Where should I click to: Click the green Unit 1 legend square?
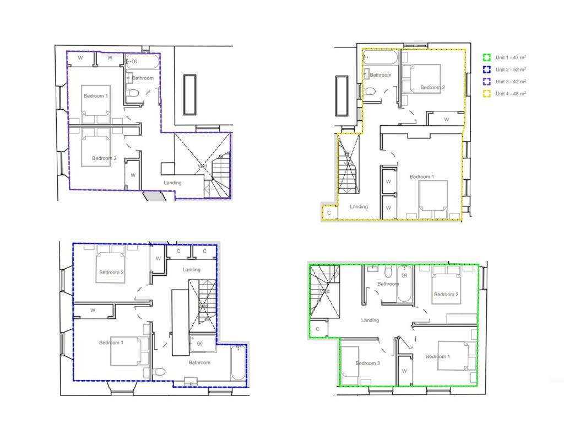pos(486,57)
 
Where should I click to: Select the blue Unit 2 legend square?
pos(486,70)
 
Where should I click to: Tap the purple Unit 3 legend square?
pos(486,82)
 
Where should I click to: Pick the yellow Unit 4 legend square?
pos(486,94)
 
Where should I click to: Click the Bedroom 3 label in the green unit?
pos(367,363)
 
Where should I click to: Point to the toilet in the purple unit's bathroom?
pos(132,95)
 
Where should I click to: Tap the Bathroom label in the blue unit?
pos(199,362)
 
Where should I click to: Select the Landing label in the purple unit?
pos(172,183)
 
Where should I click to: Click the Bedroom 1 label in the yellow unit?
pos(421,177)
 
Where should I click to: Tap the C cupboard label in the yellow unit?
pos(329,212)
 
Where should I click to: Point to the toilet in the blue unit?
pos(159,372)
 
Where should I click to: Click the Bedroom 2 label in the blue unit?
pos(111,273)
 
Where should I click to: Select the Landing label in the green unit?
pos(370,320)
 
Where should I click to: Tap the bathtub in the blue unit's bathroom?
pos(238,363)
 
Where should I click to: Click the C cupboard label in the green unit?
pos(318,329)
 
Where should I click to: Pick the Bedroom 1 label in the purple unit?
pos(95,96)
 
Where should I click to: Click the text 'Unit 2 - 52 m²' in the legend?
pos(511,70)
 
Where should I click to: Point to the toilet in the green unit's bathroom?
pos(389,271)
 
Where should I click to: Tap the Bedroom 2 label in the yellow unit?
pos(432,87)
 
